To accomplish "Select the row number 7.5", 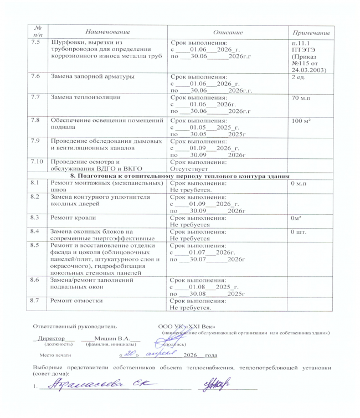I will pos(37,42).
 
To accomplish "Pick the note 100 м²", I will pos(302,120).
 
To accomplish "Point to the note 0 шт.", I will pos(300,230).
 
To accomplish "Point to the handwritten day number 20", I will pos(129,353).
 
